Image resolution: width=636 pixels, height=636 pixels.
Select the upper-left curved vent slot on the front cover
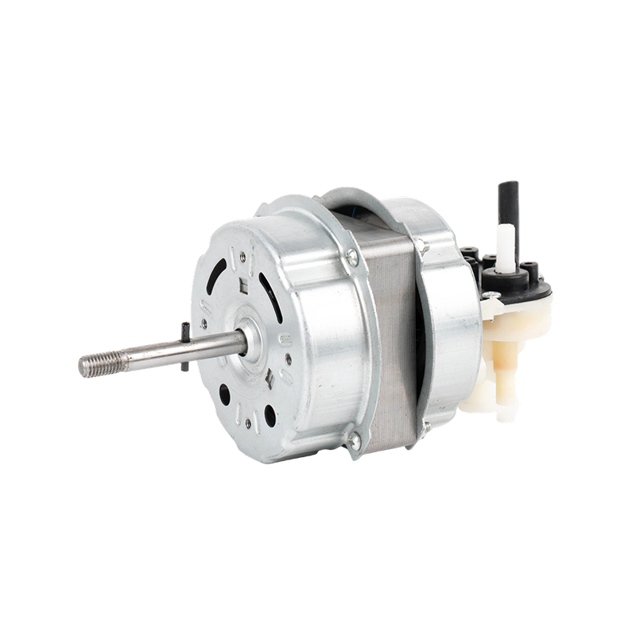tap(215, 274)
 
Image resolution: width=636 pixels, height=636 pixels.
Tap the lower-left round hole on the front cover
tap(225, 394)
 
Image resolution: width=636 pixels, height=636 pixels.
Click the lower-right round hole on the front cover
tap(270, 414)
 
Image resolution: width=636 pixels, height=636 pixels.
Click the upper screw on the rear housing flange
tap(425, 249)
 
